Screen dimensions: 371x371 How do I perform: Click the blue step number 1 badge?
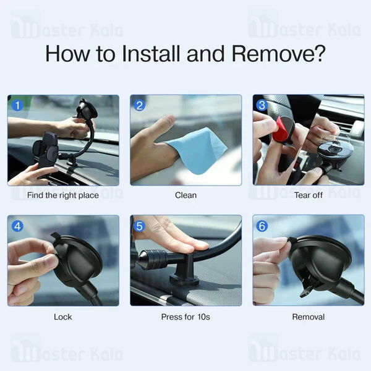[x=18, y=105]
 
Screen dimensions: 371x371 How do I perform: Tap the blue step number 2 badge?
[x=139, y=105]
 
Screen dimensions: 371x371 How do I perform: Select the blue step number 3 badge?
[x=262, y=105]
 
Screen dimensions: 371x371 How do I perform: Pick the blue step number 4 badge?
[x=18, y=226]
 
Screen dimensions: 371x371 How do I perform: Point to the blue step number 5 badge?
[x=139, y=226]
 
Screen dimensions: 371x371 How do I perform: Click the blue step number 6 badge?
[x=262, y=226]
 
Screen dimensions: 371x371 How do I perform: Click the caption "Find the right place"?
[x=63, y=195]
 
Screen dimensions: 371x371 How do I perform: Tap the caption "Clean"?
[x=185, y=195]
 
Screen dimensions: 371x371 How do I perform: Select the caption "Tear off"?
[x=309, y=195]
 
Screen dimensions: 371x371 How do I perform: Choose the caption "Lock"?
[x=62, y=317]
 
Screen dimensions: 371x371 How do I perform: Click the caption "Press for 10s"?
[x=185, y=317]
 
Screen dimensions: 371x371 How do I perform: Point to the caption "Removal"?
[x=309, y=317]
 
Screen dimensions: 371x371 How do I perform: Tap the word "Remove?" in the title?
[x=278, y=54]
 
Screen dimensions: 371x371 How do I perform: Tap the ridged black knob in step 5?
[x=155, y=259]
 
